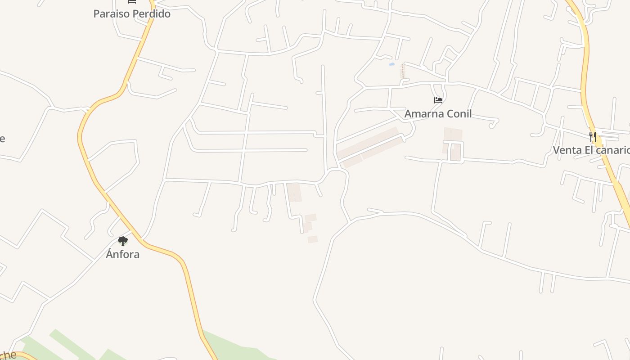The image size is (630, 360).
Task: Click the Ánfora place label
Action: (x=122, y=254)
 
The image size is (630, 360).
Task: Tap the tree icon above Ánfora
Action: (x=122, y=241)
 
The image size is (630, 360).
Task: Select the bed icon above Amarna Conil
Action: (x=438, y=100)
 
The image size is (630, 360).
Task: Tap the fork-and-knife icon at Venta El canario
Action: (x=593, y=136)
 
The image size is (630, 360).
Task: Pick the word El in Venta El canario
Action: (x=589, y=150)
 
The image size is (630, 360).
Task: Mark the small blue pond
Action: (x=391, y=65)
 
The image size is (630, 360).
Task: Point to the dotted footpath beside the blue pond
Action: (x=403, y=71)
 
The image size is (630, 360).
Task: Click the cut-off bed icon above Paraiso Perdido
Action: (x=132, y=2)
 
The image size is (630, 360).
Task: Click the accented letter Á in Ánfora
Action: (x=109, y=254)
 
